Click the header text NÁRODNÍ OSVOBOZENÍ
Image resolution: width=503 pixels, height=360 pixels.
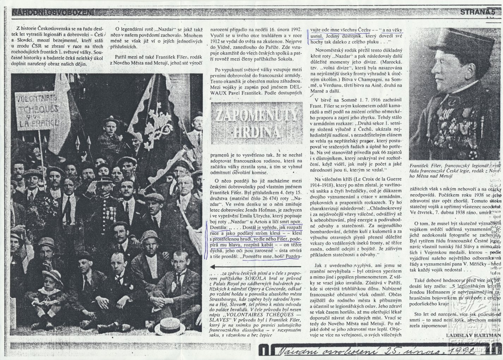coord(53,13)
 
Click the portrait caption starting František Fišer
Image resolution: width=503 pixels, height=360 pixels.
coord(455,170)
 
